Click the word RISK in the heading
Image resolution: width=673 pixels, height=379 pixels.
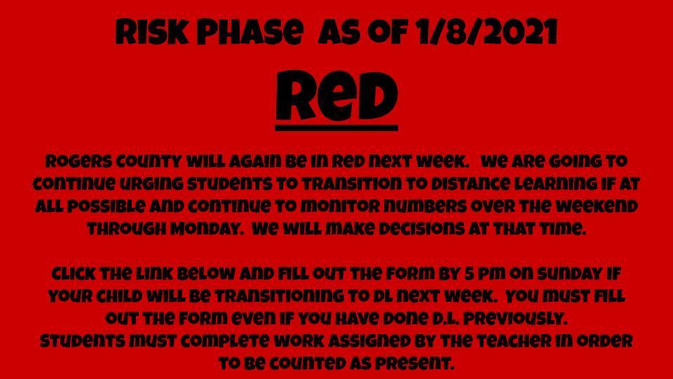coord(152,32)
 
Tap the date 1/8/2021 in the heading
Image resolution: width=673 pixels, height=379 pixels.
coord(486,32)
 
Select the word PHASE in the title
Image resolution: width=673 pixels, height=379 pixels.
coord(250,32)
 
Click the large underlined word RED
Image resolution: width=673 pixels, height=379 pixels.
coord(336,96)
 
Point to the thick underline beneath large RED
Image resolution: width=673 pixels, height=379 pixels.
coord(336,128)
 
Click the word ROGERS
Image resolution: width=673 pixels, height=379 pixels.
coord(79,162)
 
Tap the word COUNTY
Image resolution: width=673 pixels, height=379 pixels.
coord(149,162)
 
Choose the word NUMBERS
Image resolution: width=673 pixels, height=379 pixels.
coord(426,207)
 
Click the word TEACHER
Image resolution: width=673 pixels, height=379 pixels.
coord(515,341)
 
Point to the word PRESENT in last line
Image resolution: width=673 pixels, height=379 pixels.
coord(414,364)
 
